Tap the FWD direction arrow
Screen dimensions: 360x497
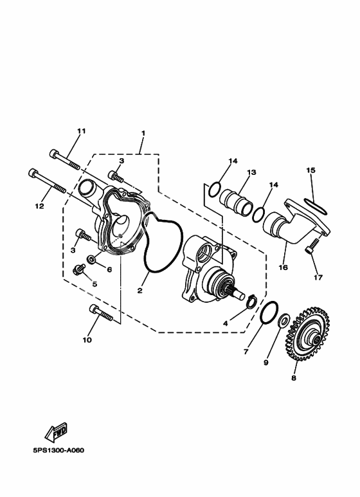pos(56,431)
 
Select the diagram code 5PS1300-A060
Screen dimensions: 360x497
pos(59,451)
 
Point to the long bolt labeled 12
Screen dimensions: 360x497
pos(47,181)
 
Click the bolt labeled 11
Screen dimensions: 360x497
pos(65,159)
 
